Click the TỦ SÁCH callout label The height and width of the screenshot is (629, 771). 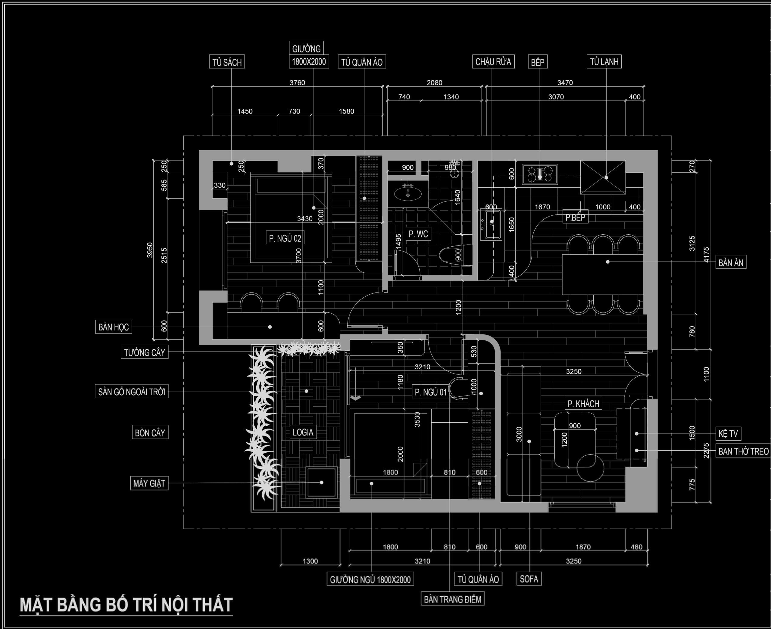click(x=227, y=62)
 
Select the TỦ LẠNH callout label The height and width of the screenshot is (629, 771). click(x=604, y=61)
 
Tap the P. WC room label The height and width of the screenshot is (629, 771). click(x=418, y=234)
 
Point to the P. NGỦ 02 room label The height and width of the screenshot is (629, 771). click(x=285, y=238)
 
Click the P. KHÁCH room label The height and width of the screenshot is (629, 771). click(x=583, y=403)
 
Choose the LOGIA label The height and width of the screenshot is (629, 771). click(x=303, y=432)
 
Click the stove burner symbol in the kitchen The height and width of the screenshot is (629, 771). click(x=540, y=174)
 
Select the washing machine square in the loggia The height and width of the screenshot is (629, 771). click(x=322, y=483)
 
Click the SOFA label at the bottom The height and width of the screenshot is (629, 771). click(x=529, y=579)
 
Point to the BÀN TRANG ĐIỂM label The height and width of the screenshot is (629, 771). click(x=453, y=599)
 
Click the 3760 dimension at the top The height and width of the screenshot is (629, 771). click(x=297, y=83)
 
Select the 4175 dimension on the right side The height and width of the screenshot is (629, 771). click(x=706, y=255)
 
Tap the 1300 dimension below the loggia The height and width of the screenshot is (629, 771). click(x=310, y=561)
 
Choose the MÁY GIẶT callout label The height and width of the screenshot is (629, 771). click(x=149, y=483)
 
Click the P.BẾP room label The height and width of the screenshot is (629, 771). click(x=575, y=217)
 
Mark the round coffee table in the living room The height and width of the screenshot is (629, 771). click(x=590, y=468)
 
